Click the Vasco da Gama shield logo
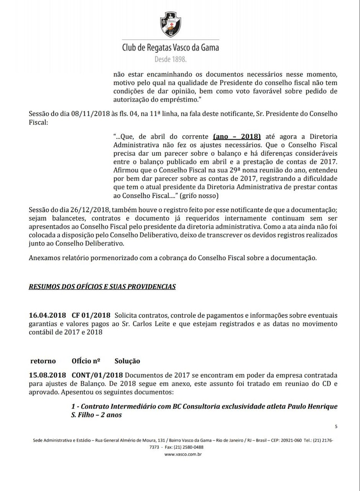[170, 24]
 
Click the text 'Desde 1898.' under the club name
[170, 59]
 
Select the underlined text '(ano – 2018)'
[237, 137]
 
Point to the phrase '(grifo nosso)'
[199, 196]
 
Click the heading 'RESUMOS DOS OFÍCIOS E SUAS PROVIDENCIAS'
[102, 287]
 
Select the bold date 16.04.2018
[47, 315]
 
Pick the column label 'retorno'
[43, 361]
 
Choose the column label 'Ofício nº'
[86, 361]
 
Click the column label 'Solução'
[127, 361]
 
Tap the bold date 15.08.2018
[47, 375]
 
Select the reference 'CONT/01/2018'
[97, 375]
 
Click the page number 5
[336, 427]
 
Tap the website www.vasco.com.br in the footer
[183, 454]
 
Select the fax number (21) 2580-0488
[189, 447]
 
